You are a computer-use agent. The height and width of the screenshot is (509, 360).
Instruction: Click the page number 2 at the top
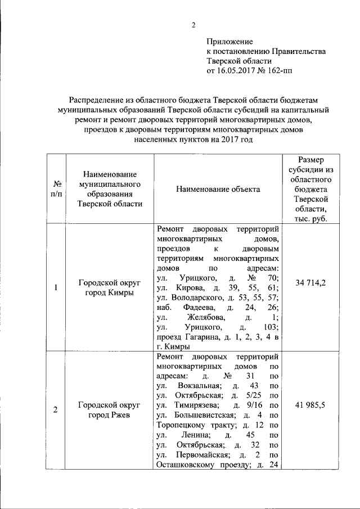tap(193, 24)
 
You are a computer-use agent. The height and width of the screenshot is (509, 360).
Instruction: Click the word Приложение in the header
tap(229, 42)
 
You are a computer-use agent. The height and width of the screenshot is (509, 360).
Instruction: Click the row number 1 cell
tap(57, 288)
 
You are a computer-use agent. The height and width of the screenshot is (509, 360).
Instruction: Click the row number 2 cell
tap(57, 410)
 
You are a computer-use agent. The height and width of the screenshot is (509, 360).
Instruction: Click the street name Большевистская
tap(202, 415)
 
